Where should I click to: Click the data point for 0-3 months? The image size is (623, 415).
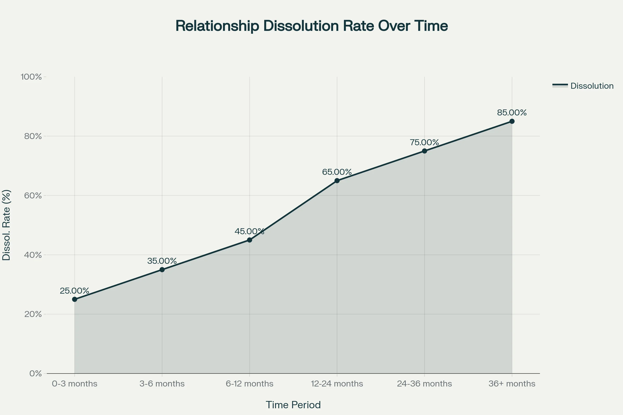75,299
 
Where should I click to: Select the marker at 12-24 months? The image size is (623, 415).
337,181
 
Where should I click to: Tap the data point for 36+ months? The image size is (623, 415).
512,121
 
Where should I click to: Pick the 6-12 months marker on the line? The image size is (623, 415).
249,240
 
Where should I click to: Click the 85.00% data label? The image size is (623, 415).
512,113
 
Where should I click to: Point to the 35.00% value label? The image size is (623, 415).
162,261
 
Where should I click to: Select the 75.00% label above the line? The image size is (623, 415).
424,143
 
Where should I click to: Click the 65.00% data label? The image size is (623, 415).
337,172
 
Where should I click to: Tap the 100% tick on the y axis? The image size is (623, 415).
31,77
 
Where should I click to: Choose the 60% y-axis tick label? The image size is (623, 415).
33,196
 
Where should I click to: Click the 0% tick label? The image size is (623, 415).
36,374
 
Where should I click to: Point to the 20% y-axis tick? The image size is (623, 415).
33,314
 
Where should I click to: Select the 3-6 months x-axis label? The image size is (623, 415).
162,384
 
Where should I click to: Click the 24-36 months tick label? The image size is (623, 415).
424,384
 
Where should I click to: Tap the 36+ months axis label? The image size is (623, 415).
512,384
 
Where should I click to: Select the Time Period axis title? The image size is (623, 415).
293,405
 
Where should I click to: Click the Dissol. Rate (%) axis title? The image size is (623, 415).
6,225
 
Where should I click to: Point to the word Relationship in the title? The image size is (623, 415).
217,26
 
